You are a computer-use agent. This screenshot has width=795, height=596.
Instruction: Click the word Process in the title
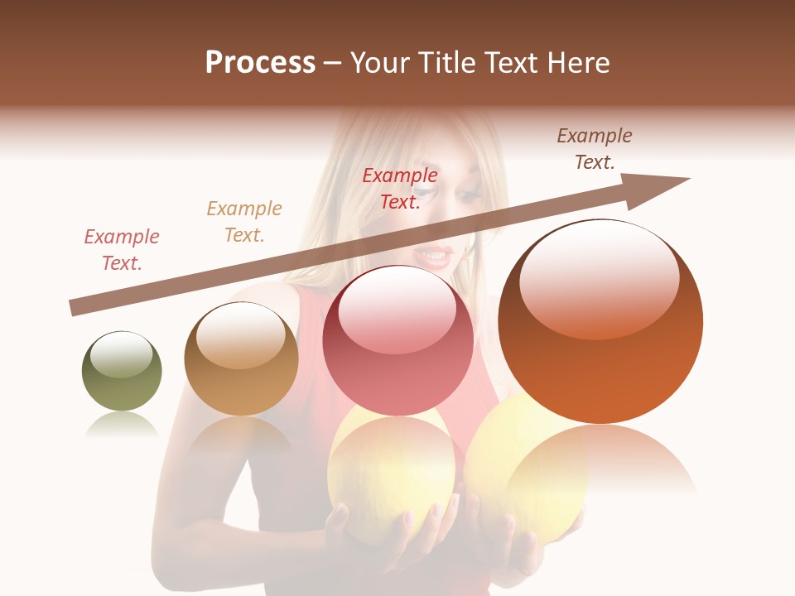[260, 63]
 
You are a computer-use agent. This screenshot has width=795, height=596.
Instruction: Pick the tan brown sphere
[241, 360]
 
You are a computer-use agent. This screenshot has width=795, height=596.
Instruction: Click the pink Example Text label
[122, 250]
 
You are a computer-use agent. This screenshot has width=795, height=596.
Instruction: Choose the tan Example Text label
[244, 222]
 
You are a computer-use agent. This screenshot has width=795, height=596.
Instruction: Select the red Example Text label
[400, 189]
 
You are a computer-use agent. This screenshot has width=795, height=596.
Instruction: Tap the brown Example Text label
[595, 149]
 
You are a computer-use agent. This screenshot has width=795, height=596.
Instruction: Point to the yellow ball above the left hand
[391, 472]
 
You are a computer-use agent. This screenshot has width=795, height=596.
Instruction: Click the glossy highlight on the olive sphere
[121, 354]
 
